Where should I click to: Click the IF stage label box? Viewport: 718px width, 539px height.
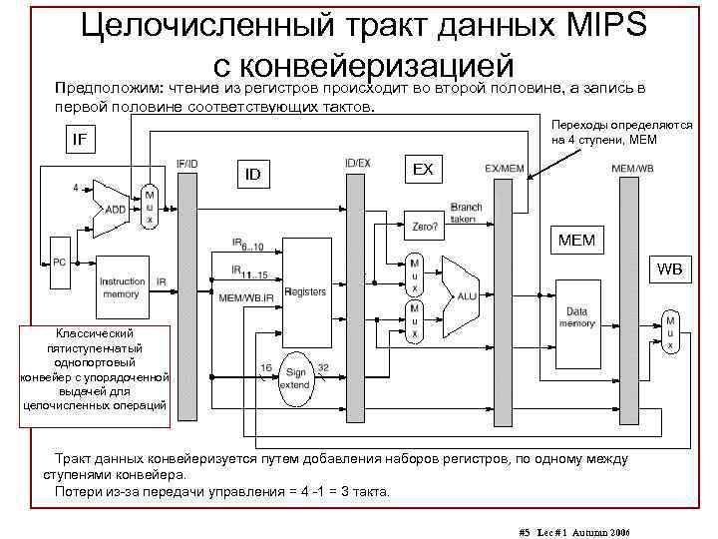pyautogui.click(x=78, y=139)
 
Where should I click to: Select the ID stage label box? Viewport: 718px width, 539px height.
pyautogui.click(x=253, y=176)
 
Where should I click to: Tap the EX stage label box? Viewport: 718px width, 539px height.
pyautogui.click(x=423, y=169)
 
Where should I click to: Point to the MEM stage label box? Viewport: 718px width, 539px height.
pyautogui.click(x=577, y=241)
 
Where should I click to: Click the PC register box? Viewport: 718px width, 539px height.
pyautogui.click(x=59, y=262)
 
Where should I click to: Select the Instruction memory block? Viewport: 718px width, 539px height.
pyautogui.click(x=123, y=288)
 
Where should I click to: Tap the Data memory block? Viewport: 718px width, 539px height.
pyautogui.click(x=576, y=317)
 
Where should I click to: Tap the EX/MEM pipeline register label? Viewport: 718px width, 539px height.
pyautogui.click(x=505, y=167)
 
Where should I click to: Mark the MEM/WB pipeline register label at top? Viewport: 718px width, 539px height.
pyautogui.click(x=631, y=167)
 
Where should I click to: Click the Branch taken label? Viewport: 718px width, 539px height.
pyautogui.click(x=466, y=213)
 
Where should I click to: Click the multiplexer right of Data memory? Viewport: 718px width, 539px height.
pyautogui.click(x=670, y=331)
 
